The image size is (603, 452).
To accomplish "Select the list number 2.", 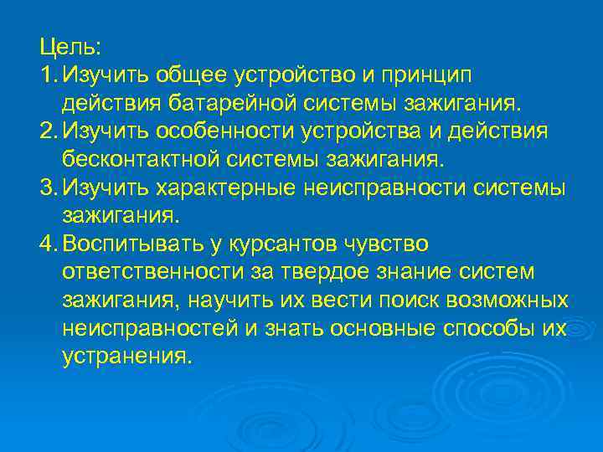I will [45, 131].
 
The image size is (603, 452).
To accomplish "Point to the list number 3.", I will [45, 188].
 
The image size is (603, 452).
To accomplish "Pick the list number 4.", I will [45, 244].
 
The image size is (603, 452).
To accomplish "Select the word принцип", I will [428, 76].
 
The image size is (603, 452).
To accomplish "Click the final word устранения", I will [126, 357].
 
